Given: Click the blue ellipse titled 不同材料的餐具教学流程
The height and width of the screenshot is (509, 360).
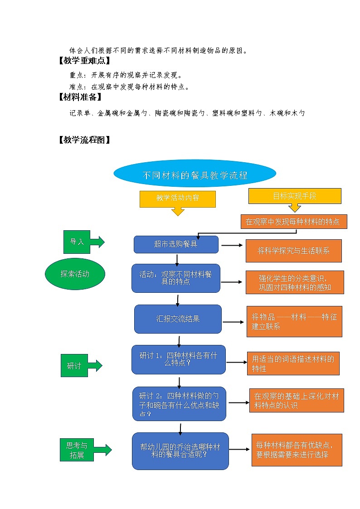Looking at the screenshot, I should (x=195, y=175).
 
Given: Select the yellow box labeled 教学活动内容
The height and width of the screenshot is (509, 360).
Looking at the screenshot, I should (x=177, y=199).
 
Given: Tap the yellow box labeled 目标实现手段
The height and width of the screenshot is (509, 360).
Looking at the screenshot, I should (x=295, y=196).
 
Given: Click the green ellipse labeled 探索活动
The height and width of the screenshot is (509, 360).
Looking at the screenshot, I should (x=75, y=274).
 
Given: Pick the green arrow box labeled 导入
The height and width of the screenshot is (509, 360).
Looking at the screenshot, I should (x=78, y=242).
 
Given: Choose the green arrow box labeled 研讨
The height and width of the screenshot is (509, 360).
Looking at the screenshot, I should (x=75, y=365).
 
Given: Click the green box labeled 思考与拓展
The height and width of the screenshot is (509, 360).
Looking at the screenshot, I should (x=77, y=450).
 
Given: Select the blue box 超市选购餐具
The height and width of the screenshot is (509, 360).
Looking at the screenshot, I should (x=176, y=244).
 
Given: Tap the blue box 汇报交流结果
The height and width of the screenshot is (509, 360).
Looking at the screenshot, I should (x=178, y=319).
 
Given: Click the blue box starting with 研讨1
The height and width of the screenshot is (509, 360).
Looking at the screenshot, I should (x=178, y=359).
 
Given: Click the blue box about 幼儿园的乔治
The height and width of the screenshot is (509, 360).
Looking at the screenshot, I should (x=180, y=451).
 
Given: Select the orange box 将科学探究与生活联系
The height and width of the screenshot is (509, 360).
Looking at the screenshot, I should (x=293, y=251).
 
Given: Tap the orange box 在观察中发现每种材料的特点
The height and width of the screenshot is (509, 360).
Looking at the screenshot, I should (x=294, y=222).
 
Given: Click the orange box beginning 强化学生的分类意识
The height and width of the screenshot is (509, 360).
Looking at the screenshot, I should (x=295, y=282).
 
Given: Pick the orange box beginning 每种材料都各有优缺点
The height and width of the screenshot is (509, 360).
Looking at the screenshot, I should (x=297, y=450).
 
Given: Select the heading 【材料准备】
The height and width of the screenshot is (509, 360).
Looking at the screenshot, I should (x=80, y=97).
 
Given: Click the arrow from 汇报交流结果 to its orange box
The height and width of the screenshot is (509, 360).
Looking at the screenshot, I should (x=234, y=322).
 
